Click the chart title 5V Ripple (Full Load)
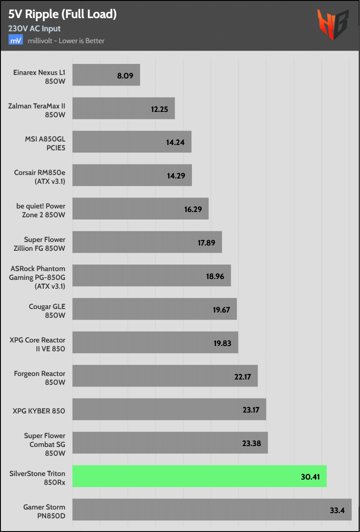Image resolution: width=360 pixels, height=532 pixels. click(x=62, y=15)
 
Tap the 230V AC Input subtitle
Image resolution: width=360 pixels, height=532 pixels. click(x=34, y=29)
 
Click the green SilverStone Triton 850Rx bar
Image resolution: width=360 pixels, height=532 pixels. click(x=199, y=476)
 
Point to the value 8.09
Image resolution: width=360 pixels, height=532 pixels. click(x=125, y=75)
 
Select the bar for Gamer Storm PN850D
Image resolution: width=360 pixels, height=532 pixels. click(x=212, y=510)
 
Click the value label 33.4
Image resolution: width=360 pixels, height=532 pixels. click(x=337, y=510)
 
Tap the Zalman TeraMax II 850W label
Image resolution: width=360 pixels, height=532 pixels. click(x=37, y=110)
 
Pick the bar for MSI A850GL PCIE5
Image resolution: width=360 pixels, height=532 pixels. click(x=131, y=142)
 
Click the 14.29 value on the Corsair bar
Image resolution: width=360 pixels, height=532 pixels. click(x=176, y=175)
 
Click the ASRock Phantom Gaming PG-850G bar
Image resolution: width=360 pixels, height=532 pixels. click(x=151, y=275)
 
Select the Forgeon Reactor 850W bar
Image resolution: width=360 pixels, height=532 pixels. click(x=165, y=376)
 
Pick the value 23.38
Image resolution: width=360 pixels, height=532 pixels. click(x=252, y=443)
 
